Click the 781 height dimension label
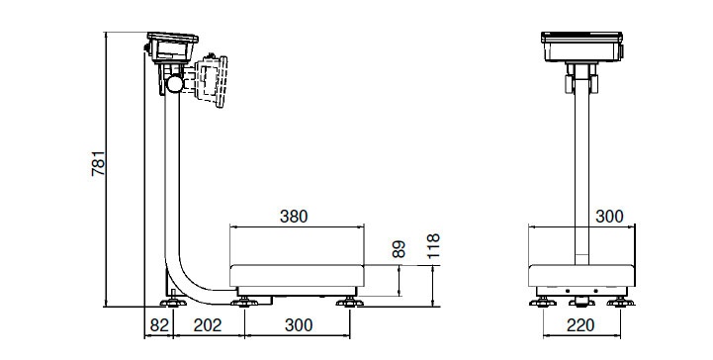tap(98, 163)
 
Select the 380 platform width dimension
tap(294, 217)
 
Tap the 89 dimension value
tap(399, 249)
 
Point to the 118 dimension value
tap(433, 246)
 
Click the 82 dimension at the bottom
tap(159, 325)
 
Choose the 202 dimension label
tap(208, 325)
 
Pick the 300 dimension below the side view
tap(299, 325)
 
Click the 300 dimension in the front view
tap(609, 217)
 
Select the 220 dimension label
tap(580, 325)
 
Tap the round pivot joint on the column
tap(175, 84)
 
